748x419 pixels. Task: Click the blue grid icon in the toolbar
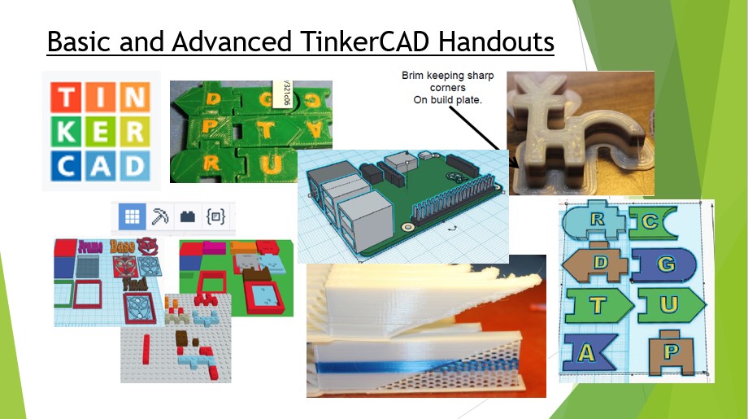[x=132, y=216]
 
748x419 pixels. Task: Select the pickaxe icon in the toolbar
[x=160, y=216]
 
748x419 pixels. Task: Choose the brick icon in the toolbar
[x=188, y=216]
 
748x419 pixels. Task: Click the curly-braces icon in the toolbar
[x=215, y=216]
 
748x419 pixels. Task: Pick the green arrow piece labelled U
[x=669, y=303]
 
